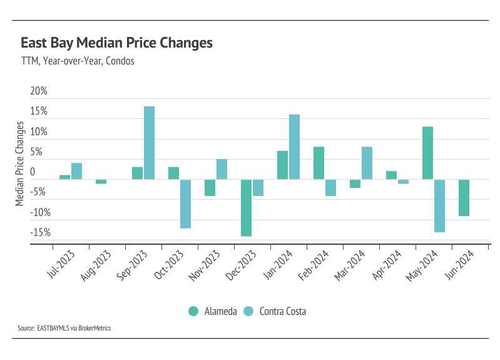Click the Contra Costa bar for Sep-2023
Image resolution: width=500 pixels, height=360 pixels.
coord(149,143)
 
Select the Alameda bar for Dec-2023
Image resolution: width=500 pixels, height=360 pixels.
coord(247,208)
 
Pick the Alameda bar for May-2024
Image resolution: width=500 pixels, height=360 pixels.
coord(428,153)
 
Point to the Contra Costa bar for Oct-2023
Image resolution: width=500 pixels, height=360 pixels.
coord(185,203)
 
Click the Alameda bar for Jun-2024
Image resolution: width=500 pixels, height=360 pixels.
coord(464,198)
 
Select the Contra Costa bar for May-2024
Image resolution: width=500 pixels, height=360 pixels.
coord(439,206)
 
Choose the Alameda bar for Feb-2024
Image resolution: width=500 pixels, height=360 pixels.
coord(319,163)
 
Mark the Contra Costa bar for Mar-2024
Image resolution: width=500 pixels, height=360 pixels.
coord(367,163)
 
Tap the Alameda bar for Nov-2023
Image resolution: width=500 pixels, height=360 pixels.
coord(210,188)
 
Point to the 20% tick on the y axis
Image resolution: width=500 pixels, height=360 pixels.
coord(39,91)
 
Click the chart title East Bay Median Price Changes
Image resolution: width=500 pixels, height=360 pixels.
coord(116,43)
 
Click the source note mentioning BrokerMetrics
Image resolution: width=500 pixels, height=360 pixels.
coord(64,327)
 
